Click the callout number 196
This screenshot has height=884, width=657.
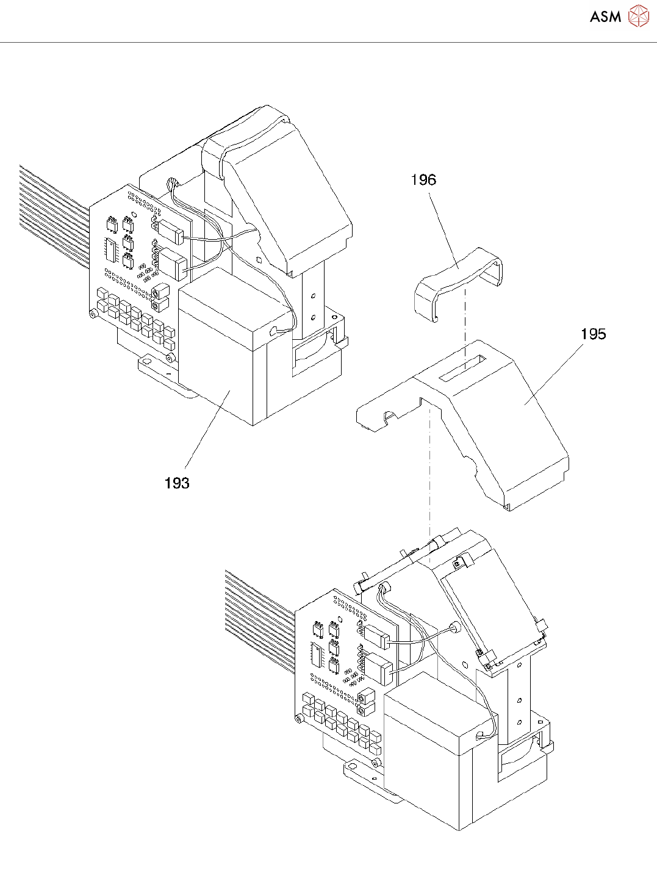423,180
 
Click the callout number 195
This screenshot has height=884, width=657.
593,334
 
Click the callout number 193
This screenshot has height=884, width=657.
177,483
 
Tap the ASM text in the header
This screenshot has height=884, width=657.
605,17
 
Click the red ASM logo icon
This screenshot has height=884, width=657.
639,16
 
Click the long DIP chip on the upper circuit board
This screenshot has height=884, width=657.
110,250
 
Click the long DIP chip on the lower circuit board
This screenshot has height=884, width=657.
316,656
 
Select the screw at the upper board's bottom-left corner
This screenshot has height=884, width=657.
93,314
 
